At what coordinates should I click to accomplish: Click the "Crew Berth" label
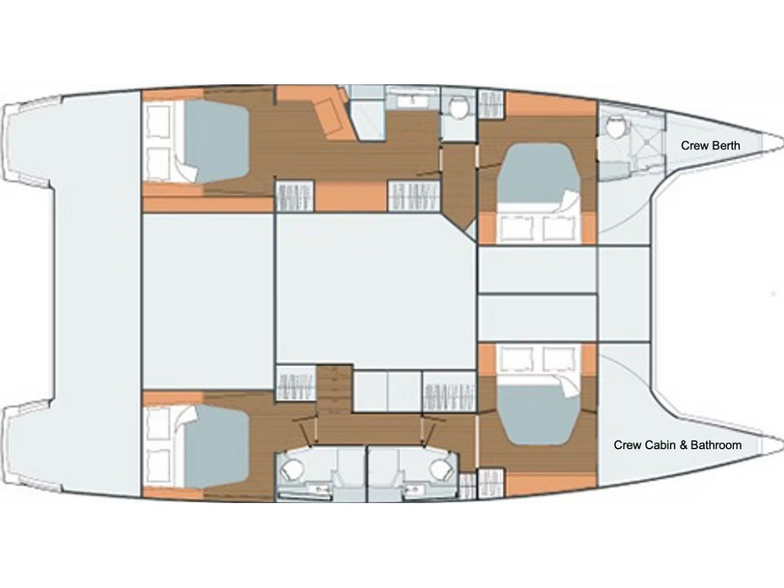click(710, 145)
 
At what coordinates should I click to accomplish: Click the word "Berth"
click(725, 145)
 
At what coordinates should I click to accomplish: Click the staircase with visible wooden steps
click(334, 390)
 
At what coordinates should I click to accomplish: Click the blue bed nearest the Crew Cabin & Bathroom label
click(538, 421)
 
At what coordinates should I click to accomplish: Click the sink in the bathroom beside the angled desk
click(413, 101)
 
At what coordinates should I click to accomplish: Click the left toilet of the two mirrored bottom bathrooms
click(291, 471)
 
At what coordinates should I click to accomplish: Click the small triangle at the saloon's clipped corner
click(472, 233)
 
